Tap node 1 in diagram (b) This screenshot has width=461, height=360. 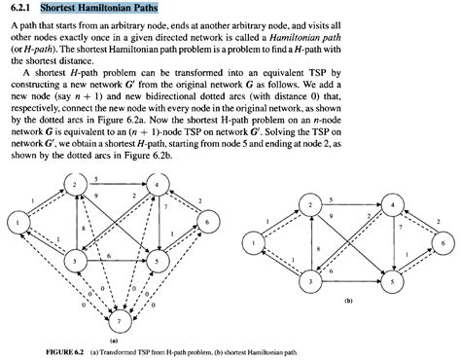pyautogui.click(x=255, y=242)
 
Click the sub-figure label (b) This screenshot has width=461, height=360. pyautogui.click(x=347, y=303)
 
